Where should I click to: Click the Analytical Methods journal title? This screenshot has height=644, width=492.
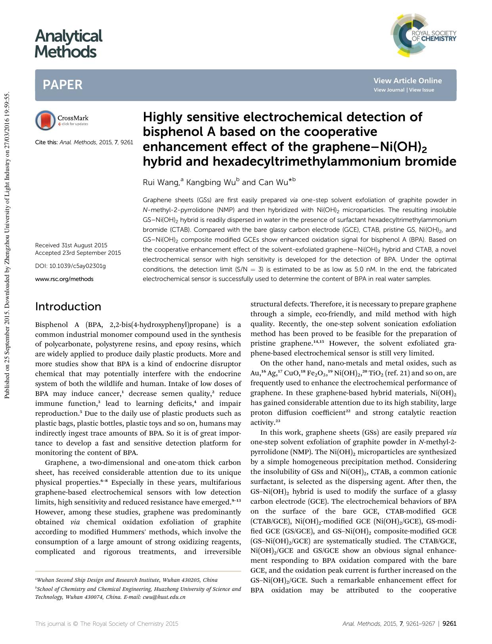[x=68, y=44]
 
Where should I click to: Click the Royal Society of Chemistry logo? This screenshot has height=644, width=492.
[x=423, y=36]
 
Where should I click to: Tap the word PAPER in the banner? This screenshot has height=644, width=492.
[x=63, y=85]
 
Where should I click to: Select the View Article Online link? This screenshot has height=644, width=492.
[x=407, y=81]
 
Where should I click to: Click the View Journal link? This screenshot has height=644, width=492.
[x=389, y=90]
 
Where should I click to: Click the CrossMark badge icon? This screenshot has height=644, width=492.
[x=45, y=120]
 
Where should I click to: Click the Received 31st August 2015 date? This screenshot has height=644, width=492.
[x=71, y=245]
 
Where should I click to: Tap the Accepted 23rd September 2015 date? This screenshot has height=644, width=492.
[x=78, y=253]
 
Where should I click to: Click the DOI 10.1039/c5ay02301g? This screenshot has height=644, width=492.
[x=71, y=266]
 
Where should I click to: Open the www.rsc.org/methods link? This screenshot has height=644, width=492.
[x=64, y=279]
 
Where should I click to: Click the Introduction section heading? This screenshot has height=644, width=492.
[x=68, y=306]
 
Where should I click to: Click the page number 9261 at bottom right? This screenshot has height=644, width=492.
[x=449, y=623]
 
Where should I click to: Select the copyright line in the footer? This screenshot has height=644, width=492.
[x=107, y=623]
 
